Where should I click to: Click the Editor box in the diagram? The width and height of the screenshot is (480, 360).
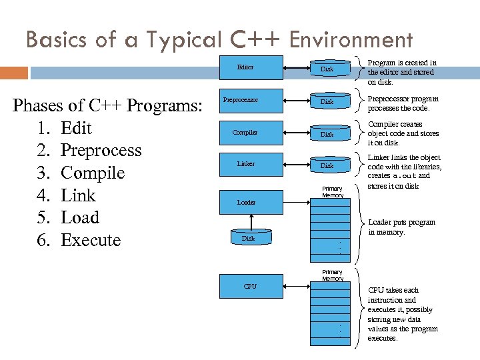point(245,67)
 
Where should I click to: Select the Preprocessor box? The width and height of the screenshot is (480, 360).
point(241,100)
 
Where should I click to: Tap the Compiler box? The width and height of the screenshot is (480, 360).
point(245,132)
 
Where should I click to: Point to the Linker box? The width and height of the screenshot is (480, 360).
point(245,163)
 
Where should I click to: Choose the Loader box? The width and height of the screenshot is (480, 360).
point(246,202)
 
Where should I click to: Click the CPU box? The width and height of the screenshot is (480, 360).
point(249,287)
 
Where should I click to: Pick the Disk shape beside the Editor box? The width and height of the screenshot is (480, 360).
point(327,69)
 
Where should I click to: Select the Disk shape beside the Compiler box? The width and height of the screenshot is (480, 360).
point(327,134)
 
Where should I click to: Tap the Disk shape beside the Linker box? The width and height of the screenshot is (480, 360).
point(327,165)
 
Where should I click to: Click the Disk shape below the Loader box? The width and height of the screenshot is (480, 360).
point(248,238)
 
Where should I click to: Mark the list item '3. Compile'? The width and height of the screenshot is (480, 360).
point(83,173)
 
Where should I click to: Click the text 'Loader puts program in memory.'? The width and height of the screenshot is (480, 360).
point(401,227)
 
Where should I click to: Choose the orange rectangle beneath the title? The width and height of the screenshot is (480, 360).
point(14,72)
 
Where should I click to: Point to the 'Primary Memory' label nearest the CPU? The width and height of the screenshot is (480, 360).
point(332,275)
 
